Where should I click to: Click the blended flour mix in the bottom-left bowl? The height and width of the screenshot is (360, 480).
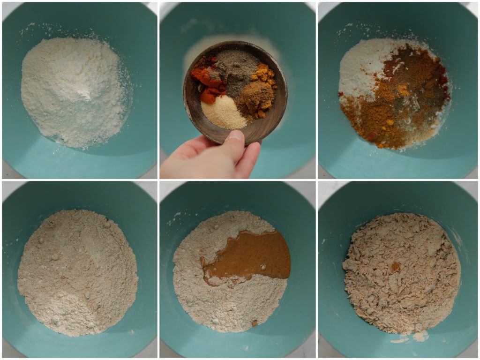77,272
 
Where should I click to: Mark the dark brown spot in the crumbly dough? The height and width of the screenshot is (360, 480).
395,267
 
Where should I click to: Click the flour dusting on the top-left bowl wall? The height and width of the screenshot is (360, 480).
28,28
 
